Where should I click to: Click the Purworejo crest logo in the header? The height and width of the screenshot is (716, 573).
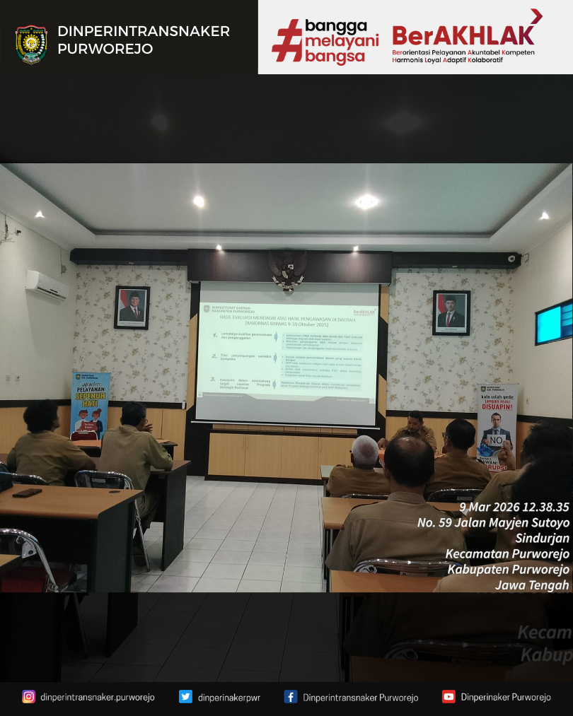(31, 44)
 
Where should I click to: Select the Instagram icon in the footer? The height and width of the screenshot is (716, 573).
(28, 697)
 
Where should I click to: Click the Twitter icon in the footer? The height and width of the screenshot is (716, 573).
(185, 697)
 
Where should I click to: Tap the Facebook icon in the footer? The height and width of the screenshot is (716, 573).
(290, 697)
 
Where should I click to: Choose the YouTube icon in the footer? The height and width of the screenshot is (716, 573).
(448, 697)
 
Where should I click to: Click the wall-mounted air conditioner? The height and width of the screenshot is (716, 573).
(47, 284)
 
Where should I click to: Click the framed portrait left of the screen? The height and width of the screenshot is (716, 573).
(132, 307)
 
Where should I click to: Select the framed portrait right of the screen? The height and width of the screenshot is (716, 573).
(451, 312)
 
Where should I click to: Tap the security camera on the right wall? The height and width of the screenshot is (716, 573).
(511, 259)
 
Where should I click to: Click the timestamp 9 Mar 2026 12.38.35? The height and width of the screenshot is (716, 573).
(514, 507)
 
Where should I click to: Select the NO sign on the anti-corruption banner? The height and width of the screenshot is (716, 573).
(497, 439)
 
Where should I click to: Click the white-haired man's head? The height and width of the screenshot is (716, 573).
(365, 450)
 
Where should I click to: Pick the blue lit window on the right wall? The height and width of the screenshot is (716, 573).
(554, 322)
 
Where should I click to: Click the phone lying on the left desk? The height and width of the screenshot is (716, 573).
(27, 493)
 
